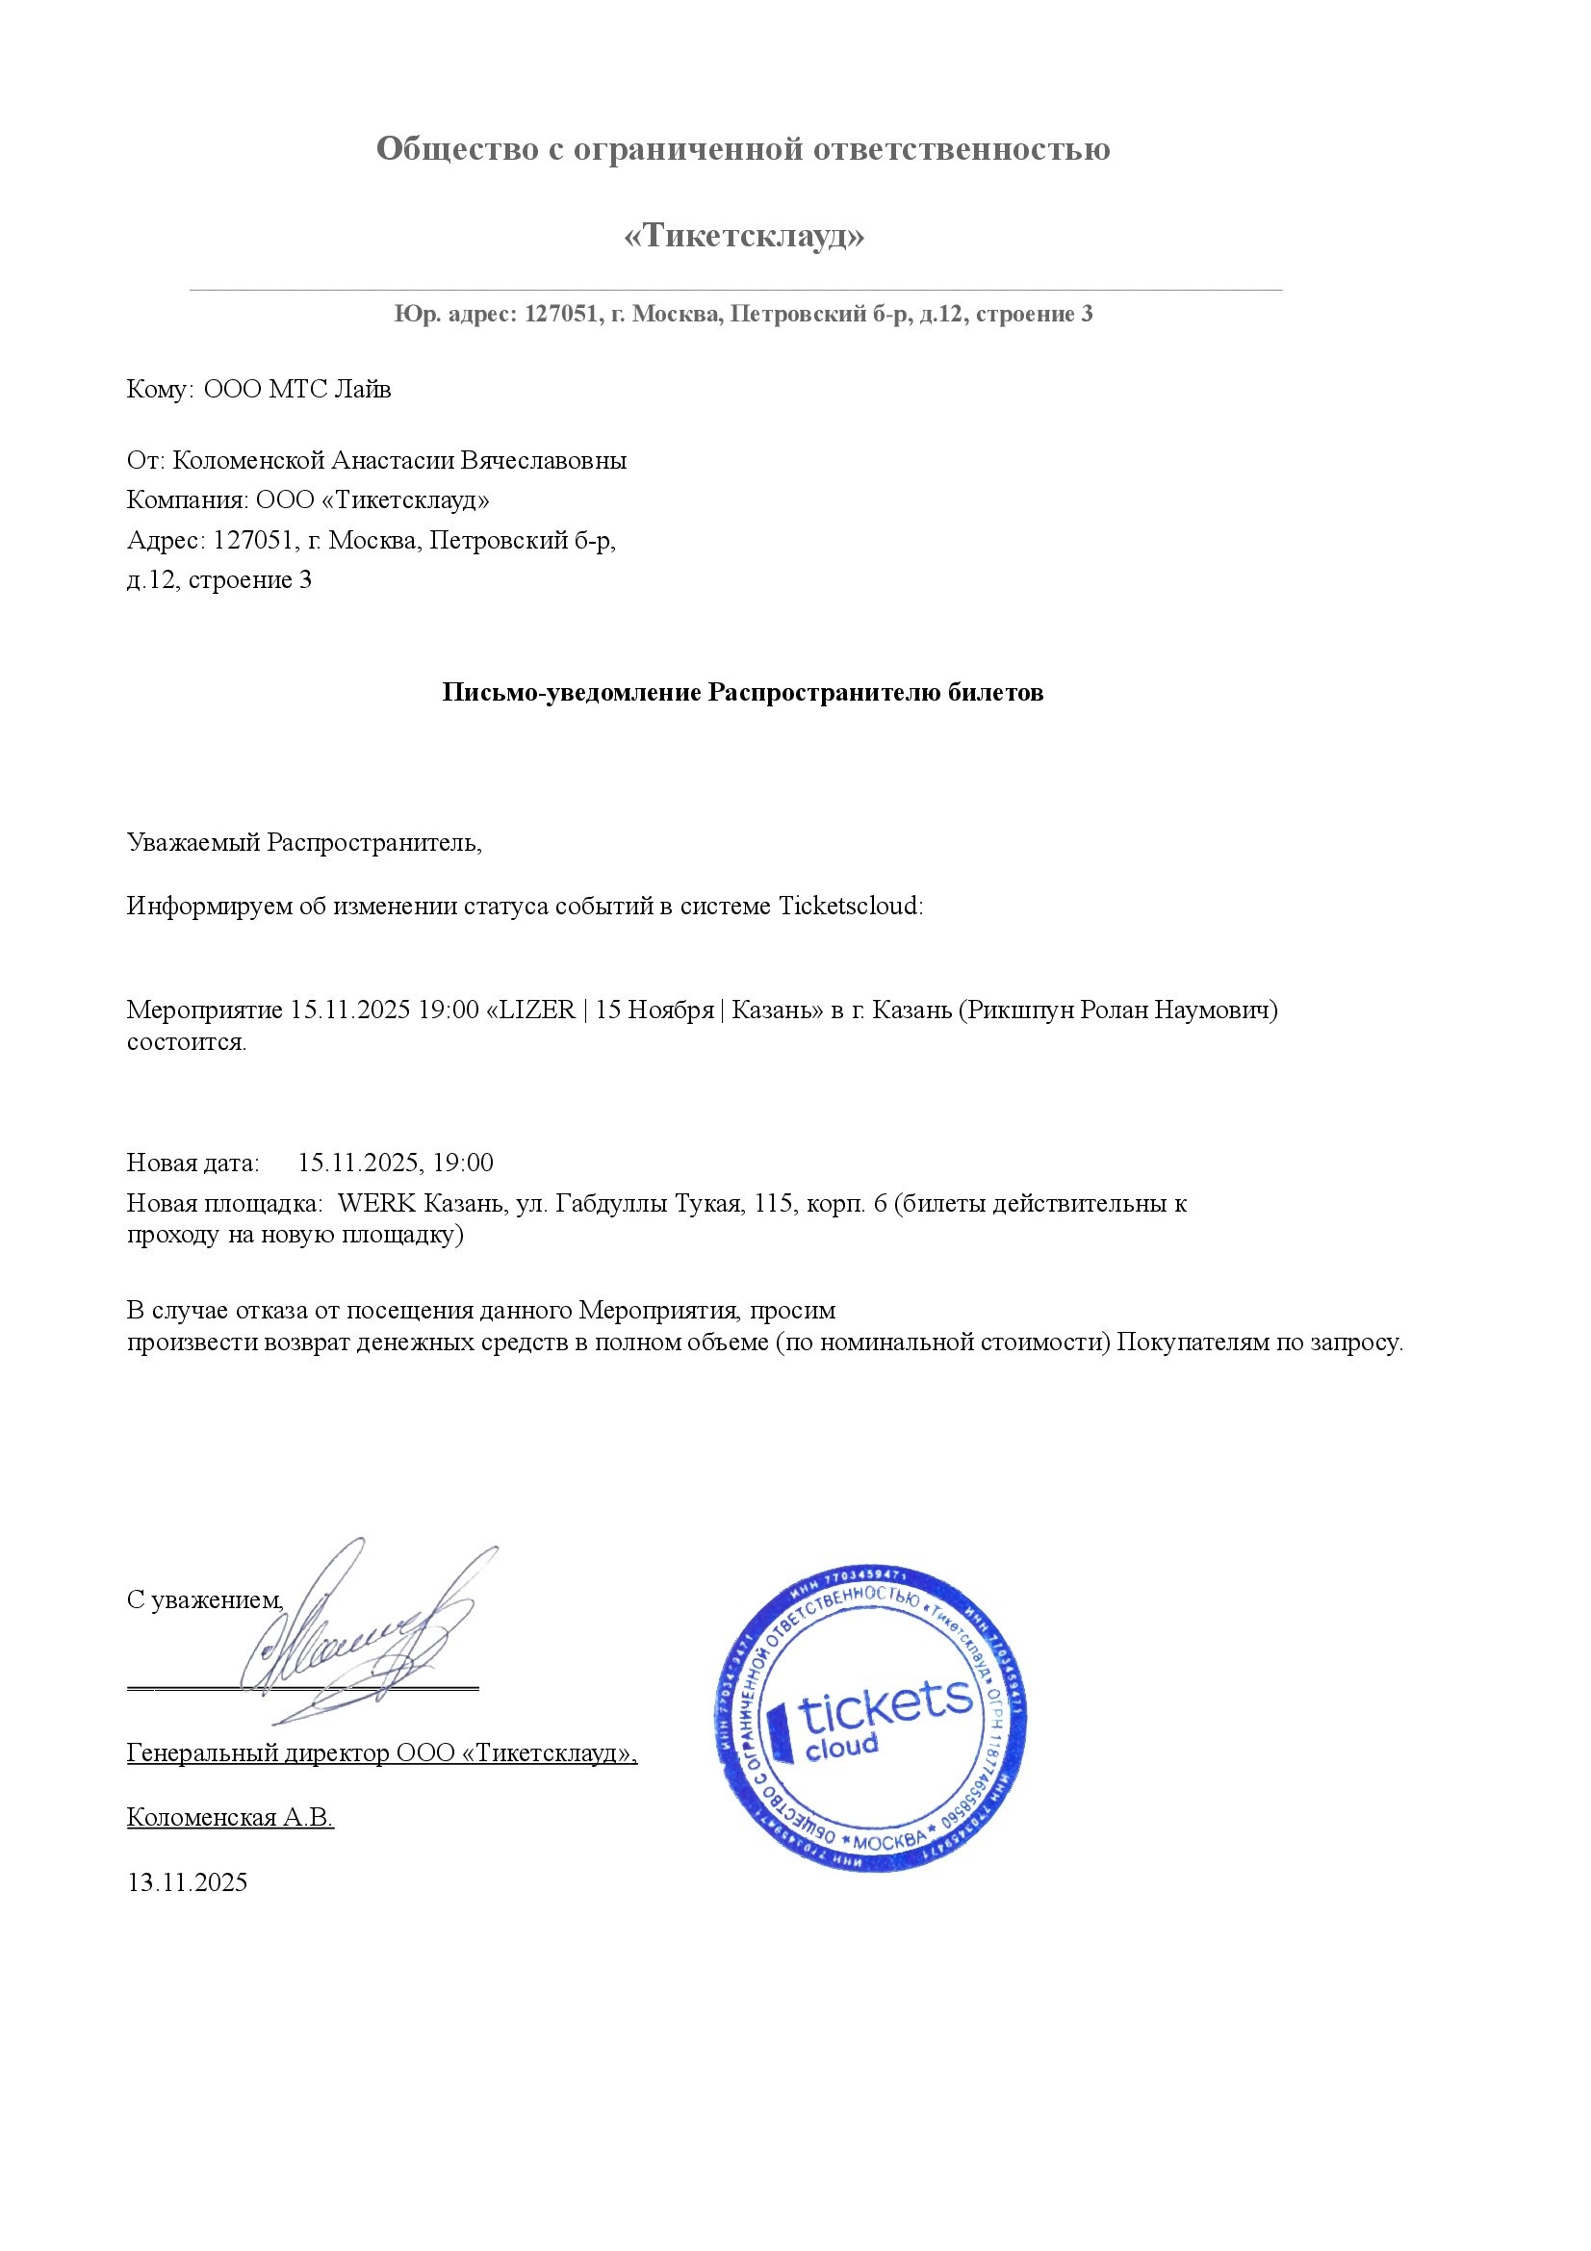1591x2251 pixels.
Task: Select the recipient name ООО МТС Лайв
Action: coord(297,389)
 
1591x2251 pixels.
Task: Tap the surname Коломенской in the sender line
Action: coord(248,460)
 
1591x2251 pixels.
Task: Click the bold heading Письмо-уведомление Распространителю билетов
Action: coord(742,692)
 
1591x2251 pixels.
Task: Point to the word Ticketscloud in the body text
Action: coord(850,905)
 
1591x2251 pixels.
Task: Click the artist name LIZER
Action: coord(537,1010)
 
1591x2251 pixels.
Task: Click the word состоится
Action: coord(187,1041)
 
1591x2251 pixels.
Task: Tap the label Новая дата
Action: coord(193,1163)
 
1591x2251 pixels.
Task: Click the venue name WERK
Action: coord(376,1203)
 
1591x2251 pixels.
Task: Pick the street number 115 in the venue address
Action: coord(773,1203)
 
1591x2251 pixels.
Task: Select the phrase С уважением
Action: coord(205,1600)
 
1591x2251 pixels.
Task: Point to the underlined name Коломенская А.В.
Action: coord(230,1817)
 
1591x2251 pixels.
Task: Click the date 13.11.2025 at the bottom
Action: coord(188,1881)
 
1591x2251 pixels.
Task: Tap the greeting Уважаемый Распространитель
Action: coord(304,842)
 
